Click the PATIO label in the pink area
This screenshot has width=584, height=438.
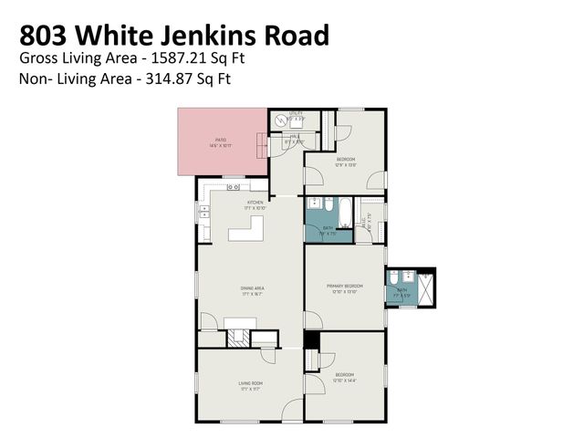click(x=220, y=140)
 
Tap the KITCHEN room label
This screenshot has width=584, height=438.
click(x=255, y=202)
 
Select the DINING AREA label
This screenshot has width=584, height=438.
click(x=252, y=288)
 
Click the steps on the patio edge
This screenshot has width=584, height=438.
click(x=263, y=143)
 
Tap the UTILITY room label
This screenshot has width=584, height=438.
click(x=296, y=113)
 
